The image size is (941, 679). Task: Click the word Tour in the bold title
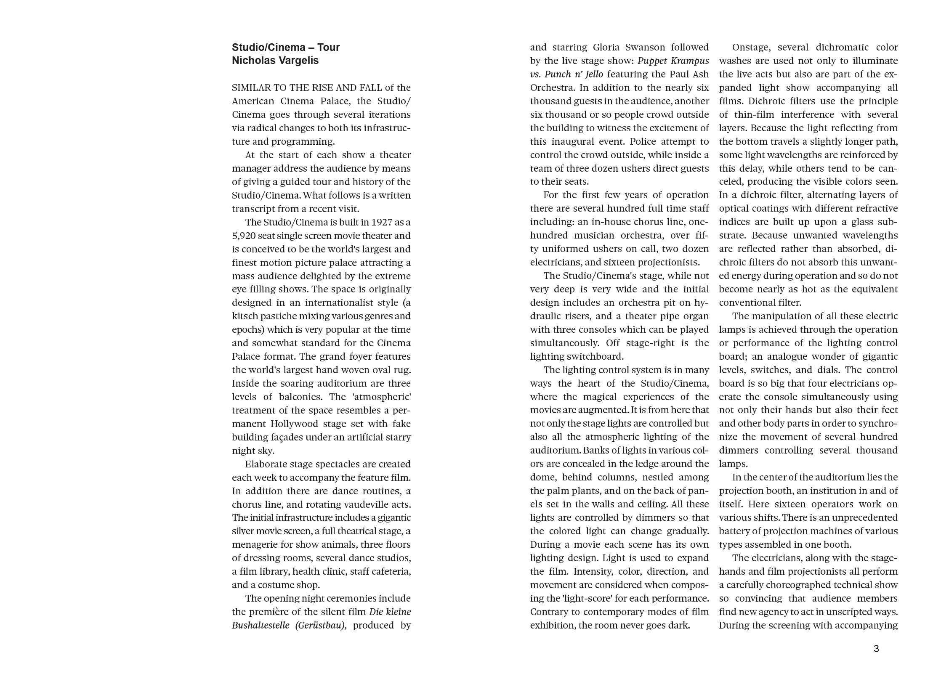pos(329,47)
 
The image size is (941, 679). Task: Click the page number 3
pos(876,649)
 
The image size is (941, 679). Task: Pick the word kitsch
pos(244,316)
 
